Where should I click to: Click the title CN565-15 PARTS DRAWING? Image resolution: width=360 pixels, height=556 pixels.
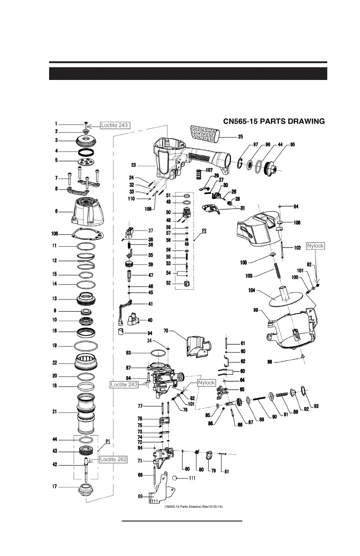coord(274,121)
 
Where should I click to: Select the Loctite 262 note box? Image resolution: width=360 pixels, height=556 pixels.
coord(113,459)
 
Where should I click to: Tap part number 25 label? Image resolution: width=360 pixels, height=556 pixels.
coord(240,136)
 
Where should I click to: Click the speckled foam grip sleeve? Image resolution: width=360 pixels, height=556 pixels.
coord(204,135)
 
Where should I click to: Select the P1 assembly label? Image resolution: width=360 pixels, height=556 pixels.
coord(108,441)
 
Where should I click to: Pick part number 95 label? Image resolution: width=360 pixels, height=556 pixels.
coord(292,144)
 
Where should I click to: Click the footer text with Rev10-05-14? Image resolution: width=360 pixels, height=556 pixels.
coord(193,506)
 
